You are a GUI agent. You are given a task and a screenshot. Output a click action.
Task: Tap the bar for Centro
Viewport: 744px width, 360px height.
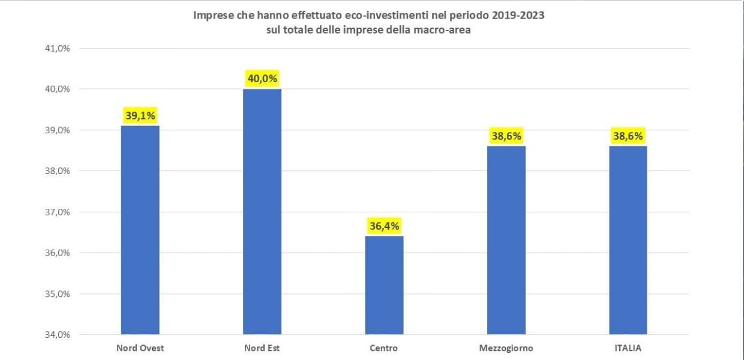(x=384, y=285)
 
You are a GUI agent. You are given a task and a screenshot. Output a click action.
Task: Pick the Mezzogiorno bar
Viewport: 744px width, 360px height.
(x=506, y=240)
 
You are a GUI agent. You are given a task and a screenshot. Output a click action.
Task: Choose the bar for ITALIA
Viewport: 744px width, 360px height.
(x=628, y=240)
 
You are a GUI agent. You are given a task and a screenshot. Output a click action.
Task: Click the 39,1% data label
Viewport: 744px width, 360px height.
(x=140, y=115)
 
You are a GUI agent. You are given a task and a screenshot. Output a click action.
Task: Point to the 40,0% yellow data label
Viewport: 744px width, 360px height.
(x=262, y=79)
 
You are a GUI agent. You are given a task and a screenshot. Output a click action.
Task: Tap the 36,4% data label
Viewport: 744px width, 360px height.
(x=384, y=226)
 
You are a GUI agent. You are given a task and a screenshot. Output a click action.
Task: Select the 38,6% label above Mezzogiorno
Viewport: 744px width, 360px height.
(x=506, y=136)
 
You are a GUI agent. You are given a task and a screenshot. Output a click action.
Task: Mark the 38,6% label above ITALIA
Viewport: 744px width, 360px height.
(x=628, y=136)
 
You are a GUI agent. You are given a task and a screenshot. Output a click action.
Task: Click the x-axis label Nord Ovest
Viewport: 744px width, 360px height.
(x=140, y=348)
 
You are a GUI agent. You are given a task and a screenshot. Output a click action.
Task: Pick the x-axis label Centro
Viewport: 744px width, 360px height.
(x=384, y=348)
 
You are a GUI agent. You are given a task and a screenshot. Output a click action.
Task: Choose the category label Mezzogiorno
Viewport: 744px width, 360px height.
(x=506, y=348)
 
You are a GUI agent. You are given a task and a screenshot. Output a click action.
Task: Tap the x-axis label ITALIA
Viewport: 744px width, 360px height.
(x=628, y=348)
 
